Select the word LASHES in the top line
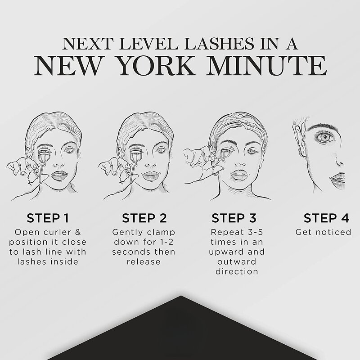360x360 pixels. pyautogui.click(x=220, y=44)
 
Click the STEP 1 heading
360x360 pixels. pyautogui.click(x=48, y=218)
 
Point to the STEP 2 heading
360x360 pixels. pyautogui.click(x=144, y=218)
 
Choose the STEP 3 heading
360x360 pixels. pyautogui.click(x=234, y=218)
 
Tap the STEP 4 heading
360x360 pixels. pyautogui.click(x=326, y=218)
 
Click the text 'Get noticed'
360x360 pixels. pyautogui.click(x=323, y=232)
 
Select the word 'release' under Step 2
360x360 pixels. pyautogui.click(x=144, y=262)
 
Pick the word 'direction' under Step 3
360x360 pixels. pyautogui.click(x=237, y=272)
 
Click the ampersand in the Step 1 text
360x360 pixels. pyautogui.click(x=78, y=232)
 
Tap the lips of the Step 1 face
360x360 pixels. pyautogui.click(x=59, y=175)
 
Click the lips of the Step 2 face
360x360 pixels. pyautogui.click(x=151, y=176)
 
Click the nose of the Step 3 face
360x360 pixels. pyautogui.click(x=241, y=162)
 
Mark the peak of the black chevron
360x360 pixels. pyautogui.click(x=181, y=296)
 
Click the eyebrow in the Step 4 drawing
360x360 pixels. pyautogui.click(x=322, y=127)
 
